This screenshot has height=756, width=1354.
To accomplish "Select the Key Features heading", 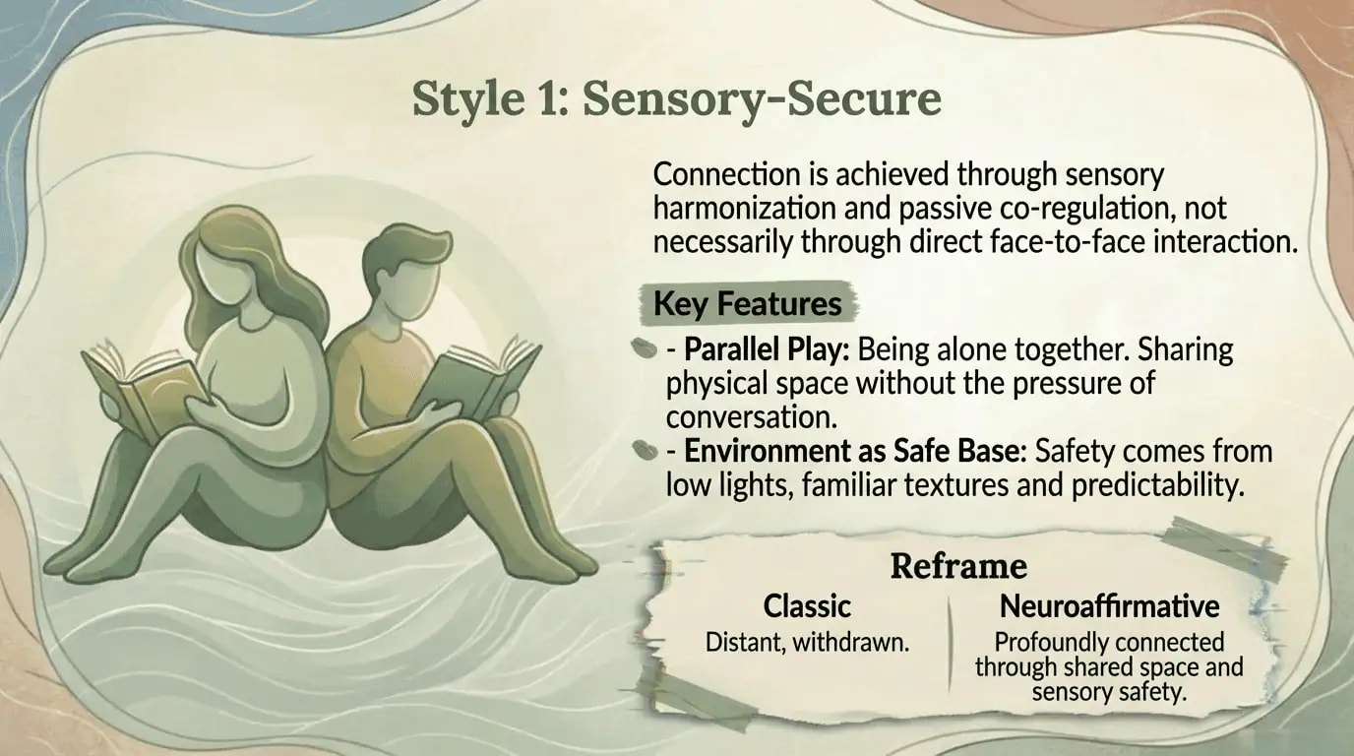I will [x=748, y=304].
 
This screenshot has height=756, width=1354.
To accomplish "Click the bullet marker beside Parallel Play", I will [x=643, y=349].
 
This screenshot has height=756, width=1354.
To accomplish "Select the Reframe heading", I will [x=958, y=566].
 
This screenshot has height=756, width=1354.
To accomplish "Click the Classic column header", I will [x=807, y=605].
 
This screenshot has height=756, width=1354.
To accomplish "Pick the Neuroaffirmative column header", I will [x=1109, y=605].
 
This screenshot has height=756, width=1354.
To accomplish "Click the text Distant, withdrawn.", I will [x=807, y=643].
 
